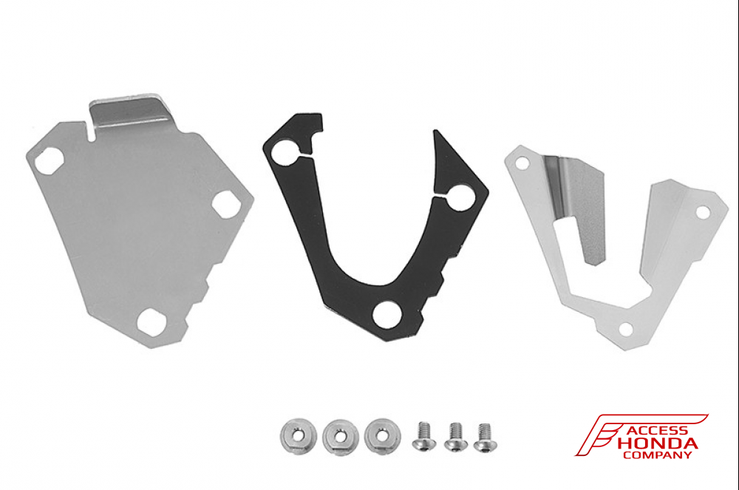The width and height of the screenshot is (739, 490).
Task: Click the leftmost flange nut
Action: [x=298, y=436]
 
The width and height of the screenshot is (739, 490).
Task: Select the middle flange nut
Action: [x=340, y=438]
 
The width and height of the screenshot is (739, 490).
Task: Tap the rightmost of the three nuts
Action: [x=382, y=436]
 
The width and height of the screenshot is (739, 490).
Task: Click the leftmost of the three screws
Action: [x=423, y=436]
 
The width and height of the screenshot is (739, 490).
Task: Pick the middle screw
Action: [x=456, y=437]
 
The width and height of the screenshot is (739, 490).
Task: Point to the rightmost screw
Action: [x=485, y=438]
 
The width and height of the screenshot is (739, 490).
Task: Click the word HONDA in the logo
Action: [x=656, y=444]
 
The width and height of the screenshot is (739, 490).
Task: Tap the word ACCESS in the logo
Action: [x=657, y=430]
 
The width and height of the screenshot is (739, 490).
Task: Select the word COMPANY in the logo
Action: [x=657, y=455]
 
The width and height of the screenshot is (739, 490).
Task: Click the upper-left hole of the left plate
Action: [x=49, y=160]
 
